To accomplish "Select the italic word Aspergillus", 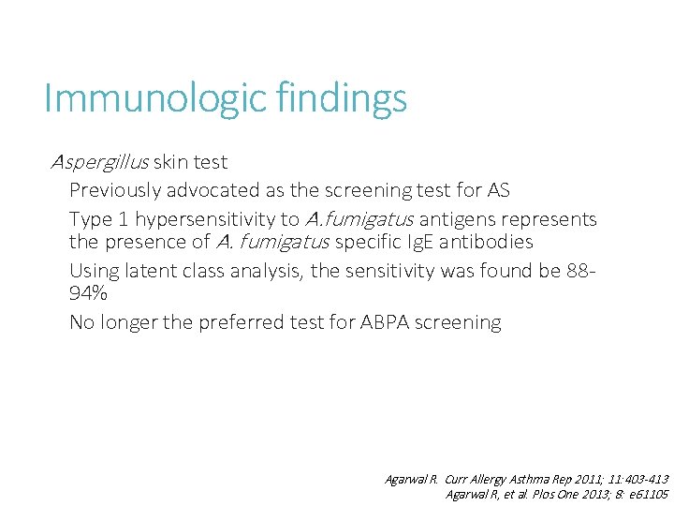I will click(x=99, y=162).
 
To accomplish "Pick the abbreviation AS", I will click(x=498, y=190).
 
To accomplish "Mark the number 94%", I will click(x=89, y=294).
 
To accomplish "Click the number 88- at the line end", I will click(x=582, y=272).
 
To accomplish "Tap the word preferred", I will click(x=264, y=323).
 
